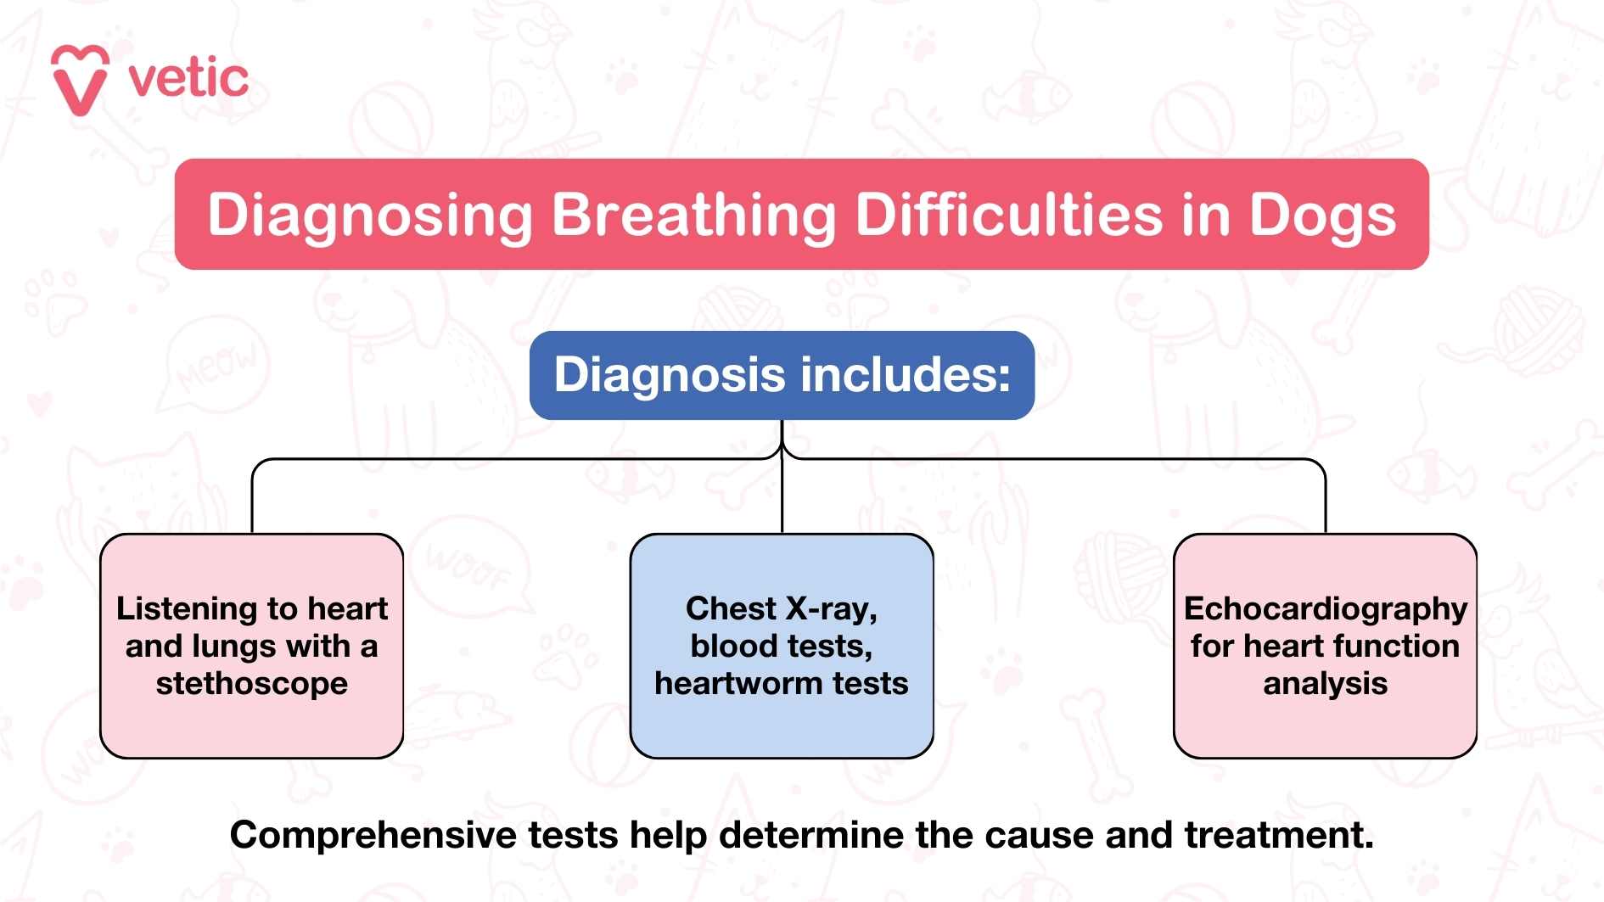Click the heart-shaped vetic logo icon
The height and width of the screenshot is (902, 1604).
coord(80,79)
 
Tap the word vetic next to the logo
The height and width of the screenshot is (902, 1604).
coord(188,79)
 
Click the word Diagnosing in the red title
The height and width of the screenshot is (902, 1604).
coord(369,215)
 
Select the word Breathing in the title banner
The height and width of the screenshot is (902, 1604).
coord(693,215)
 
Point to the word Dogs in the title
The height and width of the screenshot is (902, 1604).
coord(1321,215)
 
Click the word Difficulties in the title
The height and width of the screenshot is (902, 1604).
coord(1008,215)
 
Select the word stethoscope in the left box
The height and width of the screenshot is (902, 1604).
coord(251,683)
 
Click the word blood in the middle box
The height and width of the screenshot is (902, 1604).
coord(728,646)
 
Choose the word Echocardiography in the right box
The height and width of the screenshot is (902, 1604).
coord(1325,608)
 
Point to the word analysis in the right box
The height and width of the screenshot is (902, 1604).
coord(1325,683)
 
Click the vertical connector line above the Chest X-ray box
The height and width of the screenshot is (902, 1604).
coord(782,496)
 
